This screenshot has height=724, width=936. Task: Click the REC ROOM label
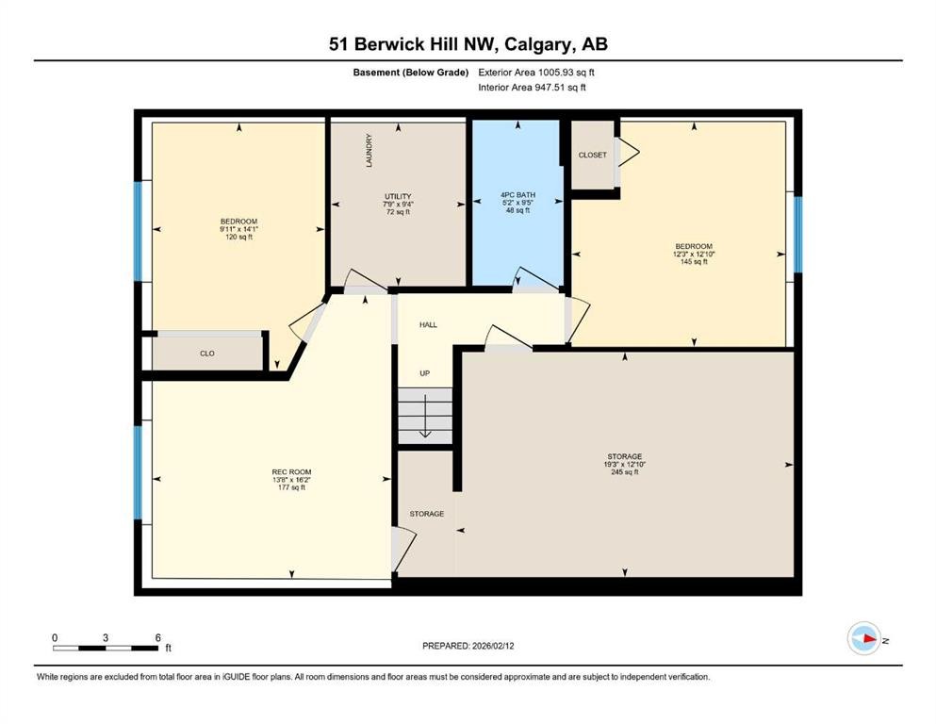291,471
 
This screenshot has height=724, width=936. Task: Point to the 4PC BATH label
517,195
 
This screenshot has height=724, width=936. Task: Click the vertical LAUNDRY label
369,150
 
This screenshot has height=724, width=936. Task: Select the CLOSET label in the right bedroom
593,155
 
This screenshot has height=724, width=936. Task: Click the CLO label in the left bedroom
207,354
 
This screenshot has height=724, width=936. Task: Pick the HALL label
429,324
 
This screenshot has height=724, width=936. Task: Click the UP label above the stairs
425,373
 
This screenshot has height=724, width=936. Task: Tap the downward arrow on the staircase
425,418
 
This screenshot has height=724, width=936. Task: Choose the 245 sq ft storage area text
624,471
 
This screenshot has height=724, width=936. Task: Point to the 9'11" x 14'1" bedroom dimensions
238,229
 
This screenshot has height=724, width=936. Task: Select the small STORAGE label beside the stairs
426,514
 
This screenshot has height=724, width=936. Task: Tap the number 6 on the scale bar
156,637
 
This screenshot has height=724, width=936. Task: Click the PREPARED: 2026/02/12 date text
469,646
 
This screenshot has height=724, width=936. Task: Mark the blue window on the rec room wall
138,473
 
